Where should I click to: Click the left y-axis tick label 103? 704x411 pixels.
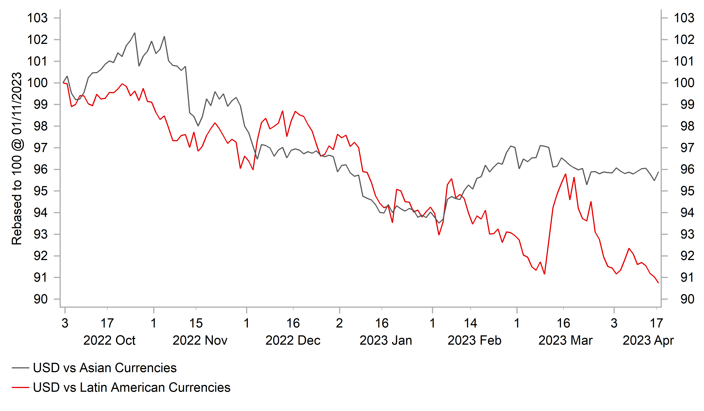pos(37,18)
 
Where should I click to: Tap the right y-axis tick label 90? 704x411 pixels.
pos(687,299)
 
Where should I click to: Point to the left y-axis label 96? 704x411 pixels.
pos(41,170)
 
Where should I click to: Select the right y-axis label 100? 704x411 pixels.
pos(684,83)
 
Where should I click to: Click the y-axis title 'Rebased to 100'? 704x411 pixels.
pos(17,158)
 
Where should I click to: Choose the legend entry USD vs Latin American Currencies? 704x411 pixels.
pos(131,387)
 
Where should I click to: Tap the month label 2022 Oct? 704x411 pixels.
pos(109,341)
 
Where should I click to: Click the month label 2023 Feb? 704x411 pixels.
pos(474,341)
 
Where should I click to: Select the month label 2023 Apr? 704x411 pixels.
pos(648,341)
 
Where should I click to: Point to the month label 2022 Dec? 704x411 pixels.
pos(293,341)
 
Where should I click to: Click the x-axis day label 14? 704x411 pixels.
pos(470,323)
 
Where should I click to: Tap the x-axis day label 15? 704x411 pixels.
pos(196,323)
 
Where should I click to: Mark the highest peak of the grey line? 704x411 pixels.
pos(135,33)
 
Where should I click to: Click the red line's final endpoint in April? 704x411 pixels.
pos(658,283)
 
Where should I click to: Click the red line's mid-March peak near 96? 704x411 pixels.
pos(565,174)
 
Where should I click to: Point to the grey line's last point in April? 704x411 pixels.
pos(658,172)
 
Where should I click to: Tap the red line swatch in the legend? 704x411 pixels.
pos(20,387)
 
